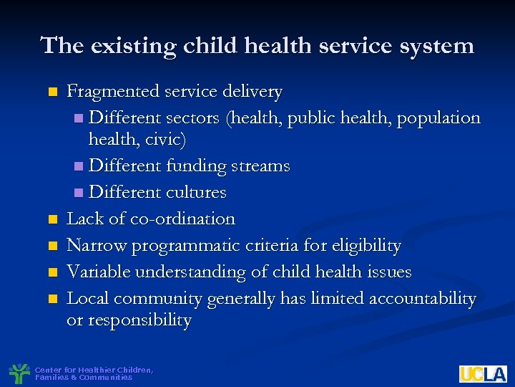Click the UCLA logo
[483, 373]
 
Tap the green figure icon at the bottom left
[19, 373]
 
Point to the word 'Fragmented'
[113, 92]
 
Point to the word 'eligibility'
[366, 246]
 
